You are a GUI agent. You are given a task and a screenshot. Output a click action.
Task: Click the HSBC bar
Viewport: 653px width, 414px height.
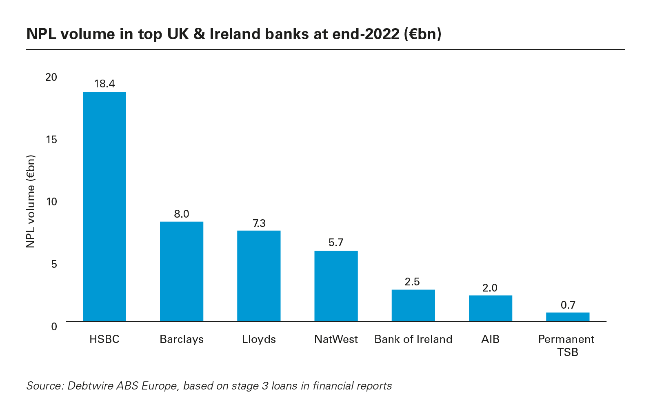[104, 206]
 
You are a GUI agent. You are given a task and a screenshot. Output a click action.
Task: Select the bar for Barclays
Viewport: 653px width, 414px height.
[182, 271]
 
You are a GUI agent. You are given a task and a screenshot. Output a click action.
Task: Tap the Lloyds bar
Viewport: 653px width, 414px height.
[259, 276]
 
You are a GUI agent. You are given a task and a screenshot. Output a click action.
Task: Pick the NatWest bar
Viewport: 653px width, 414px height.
[336, 285]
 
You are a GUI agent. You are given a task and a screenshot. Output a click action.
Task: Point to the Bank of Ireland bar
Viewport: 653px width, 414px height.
[413, 305]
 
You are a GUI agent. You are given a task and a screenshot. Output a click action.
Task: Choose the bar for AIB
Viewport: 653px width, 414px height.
[490, 308]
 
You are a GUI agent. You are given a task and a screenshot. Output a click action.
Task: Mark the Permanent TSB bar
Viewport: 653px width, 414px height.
[567, 316]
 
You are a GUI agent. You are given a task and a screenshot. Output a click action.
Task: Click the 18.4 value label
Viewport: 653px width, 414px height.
[104, 84]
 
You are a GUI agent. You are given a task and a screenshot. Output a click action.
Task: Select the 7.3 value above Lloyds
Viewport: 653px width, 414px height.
[259, 223]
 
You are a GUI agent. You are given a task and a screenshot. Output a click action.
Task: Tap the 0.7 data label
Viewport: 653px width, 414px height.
[568, 305]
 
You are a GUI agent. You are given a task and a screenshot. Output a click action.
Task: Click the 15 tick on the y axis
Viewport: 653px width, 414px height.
[51, 140]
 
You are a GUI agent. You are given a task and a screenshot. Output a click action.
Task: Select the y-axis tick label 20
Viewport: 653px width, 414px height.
[51, 77]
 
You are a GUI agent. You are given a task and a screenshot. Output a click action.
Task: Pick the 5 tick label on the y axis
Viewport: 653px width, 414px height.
[54, 264]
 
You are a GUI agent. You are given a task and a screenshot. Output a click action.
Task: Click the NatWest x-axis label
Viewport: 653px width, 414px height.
[336, 339]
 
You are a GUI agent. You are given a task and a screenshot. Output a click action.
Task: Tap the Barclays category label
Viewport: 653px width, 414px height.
[182, 339]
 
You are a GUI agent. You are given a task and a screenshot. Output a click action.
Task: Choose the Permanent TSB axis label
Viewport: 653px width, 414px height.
[566, 345]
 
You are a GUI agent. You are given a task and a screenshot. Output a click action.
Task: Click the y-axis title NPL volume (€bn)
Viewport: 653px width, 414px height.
[31, 201]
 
